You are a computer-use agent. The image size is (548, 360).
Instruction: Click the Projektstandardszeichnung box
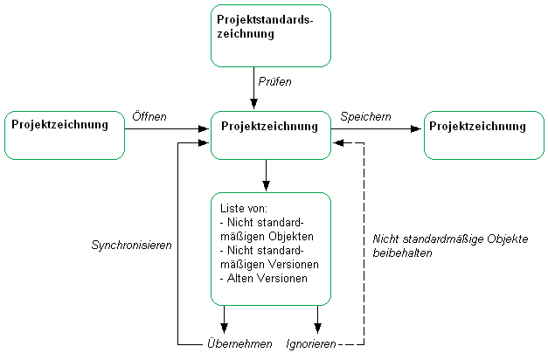(x=271, y=35)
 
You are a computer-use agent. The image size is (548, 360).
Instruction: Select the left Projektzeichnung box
(x=65, y=135)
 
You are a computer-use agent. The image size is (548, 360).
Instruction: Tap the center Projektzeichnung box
(x=271, y=135)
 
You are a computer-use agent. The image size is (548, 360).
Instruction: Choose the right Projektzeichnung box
(x=483, y=135)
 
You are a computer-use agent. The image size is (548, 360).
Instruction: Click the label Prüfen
(x=274, y=81)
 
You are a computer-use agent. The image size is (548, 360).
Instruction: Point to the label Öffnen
(x=149, y=115)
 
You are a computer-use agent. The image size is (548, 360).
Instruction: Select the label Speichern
(x=365, y=115)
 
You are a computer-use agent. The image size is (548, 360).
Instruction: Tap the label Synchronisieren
(x=131, y=246)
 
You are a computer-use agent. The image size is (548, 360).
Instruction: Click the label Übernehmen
(x=239, y=344)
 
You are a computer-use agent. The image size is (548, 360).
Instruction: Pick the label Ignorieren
(x=310, y=344)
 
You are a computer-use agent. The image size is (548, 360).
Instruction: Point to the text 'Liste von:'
(x=244, y=209)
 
